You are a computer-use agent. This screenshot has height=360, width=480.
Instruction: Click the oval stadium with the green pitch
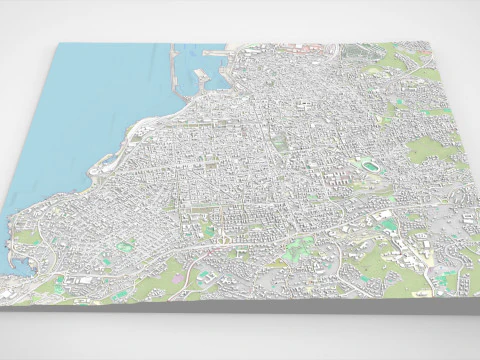[x=371, y=166]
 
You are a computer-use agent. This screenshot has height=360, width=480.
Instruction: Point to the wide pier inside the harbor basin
[x=200, y=76]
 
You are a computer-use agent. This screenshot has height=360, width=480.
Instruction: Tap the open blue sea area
[x=90, y=110]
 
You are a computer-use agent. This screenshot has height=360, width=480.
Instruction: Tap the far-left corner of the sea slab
[x=58, y=45]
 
